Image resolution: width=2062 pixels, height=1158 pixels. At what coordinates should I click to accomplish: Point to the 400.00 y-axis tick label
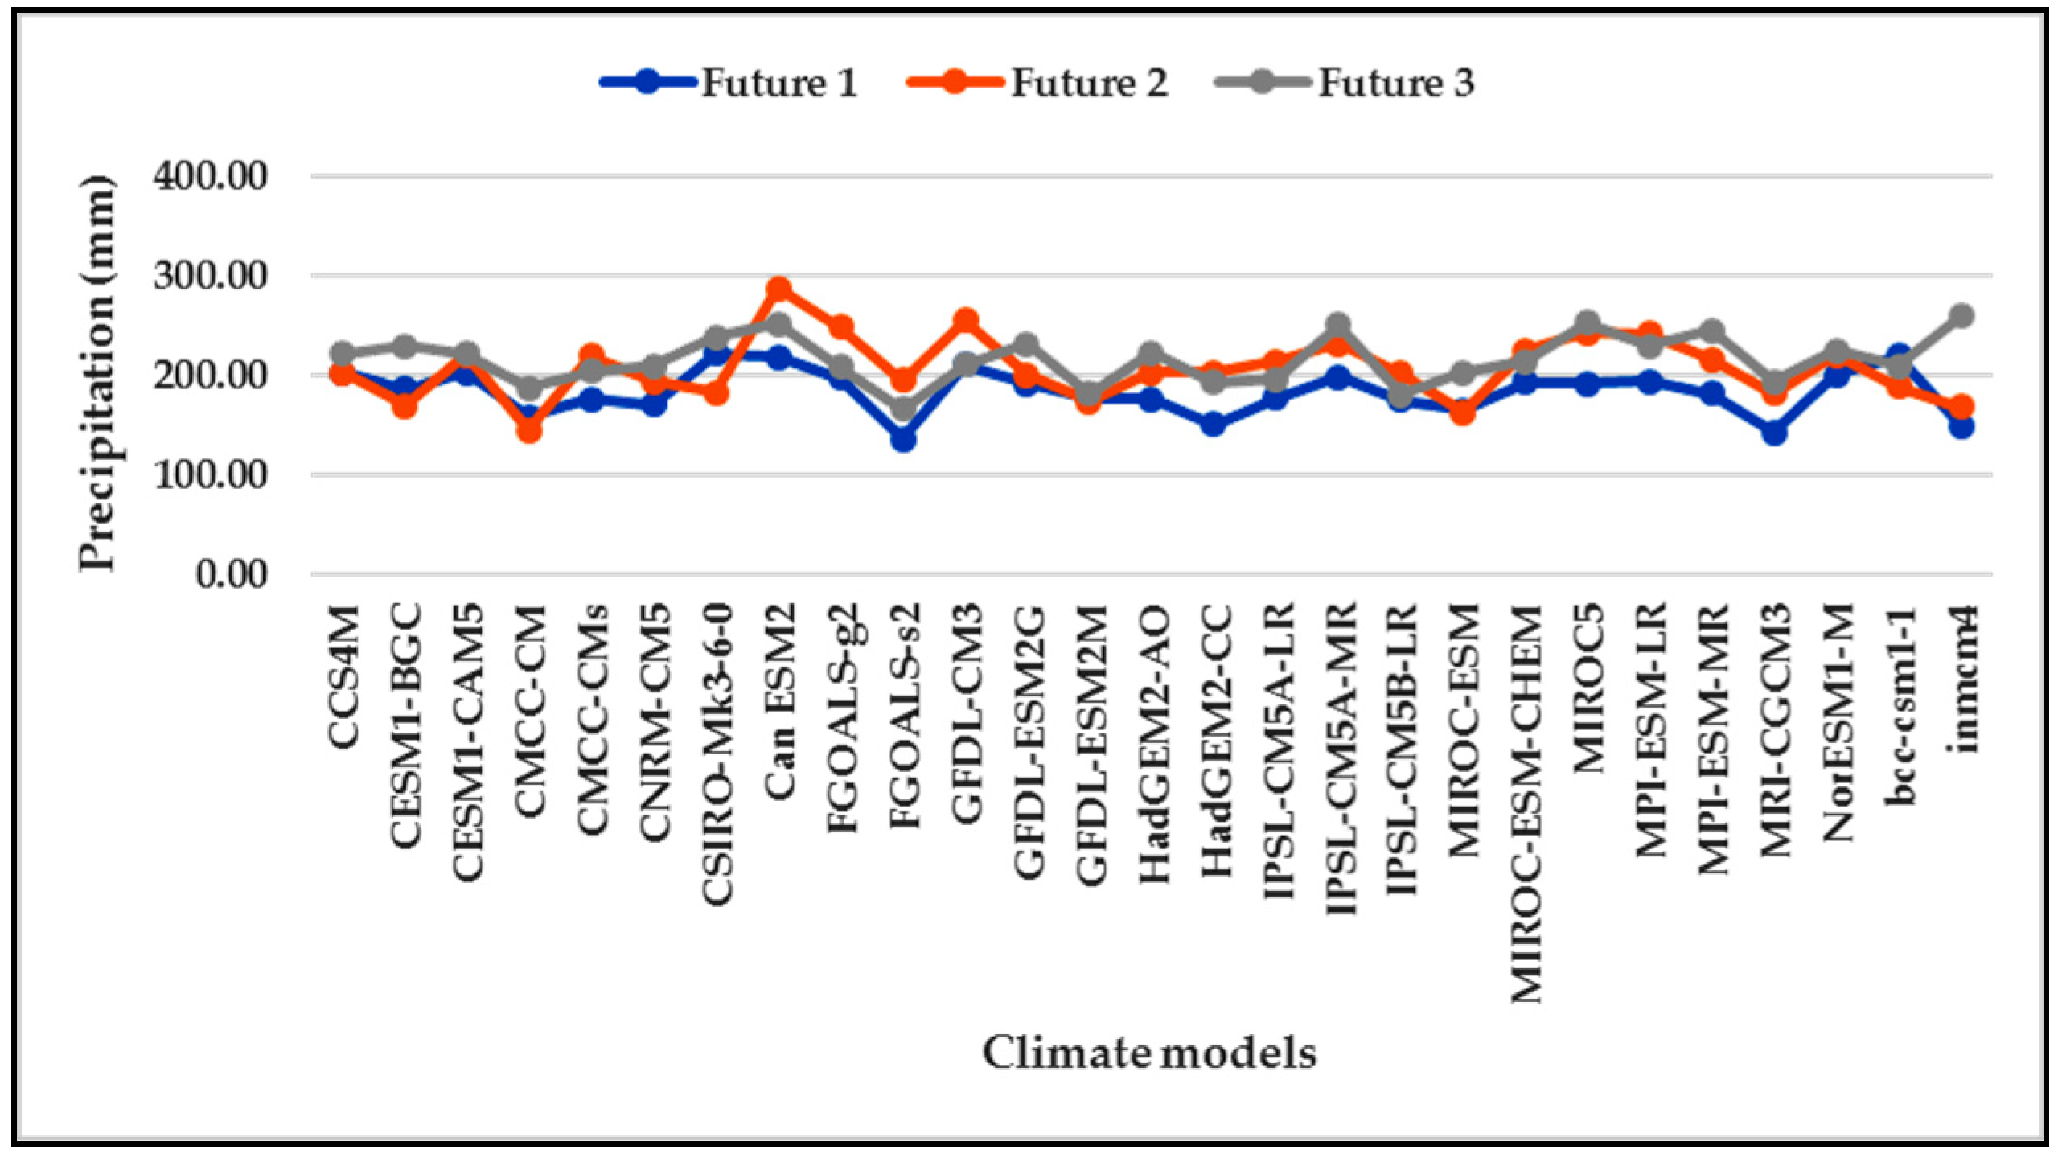(x=210, y=175)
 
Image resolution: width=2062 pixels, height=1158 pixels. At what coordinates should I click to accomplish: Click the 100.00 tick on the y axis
(x=210, y=474)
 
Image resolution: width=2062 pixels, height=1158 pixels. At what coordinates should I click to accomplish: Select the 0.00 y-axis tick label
(x=231, y=574)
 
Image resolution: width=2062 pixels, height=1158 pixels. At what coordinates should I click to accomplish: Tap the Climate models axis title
(x=1149, y=1053)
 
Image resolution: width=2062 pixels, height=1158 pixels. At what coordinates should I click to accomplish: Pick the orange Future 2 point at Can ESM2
(x=778, y=289)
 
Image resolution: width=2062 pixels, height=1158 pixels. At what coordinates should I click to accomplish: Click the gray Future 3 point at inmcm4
(x=1961, y=315)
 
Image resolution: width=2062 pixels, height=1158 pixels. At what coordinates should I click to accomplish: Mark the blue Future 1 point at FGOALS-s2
(x=903, y=439)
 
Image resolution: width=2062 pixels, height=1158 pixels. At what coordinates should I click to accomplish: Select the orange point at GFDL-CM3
(x=965, y=321)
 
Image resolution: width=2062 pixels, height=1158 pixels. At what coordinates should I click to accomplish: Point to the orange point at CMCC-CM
(x=529, y=430)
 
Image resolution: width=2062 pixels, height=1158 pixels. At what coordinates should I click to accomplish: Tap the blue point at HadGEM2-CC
(x=1214, y=423)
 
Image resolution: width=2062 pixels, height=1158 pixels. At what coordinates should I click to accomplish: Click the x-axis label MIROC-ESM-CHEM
(x=1526, y=803)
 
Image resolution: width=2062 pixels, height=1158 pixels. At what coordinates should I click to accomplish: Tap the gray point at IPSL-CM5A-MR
(x=1338, y=326)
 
